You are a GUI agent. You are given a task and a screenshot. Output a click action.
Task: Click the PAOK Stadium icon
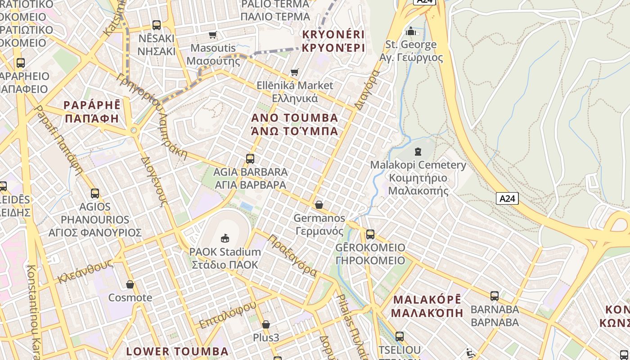225,238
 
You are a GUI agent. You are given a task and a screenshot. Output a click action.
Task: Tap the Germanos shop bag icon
319,205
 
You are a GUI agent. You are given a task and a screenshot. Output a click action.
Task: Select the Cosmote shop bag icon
130,284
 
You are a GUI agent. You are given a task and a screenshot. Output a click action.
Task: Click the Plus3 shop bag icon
266,324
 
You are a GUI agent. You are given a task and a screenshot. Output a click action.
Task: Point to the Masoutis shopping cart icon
212,35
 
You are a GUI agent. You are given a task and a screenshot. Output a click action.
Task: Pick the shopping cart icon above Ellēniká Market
295,72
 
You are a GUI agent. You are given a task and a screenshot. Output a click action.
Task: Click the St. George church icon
410,31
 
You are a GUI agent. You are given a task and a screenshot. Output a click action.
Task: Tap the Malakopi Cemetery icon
418,152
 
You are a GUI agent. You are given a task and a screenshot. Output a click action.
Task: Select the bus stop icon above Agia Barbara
250,159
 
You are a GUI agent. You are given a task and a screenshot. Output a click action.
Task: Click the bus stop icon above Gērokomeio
370,234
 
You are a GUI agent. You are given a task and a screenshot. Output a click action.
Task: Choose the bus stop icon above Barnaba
495,296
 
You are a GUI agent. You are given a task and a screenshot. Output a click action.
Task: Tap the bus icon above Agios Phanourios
95,194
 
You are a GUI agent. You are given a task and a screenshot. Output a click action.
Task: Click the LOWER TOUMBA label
177,351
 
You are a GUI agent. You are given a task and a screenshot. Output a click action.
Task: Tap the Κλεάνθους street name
85,273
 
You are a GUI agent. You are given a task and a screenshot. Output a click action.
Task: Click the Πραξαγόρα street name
292,255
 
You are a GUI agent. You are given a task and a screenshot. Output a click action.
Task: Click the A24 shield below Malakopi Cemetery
507,198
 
